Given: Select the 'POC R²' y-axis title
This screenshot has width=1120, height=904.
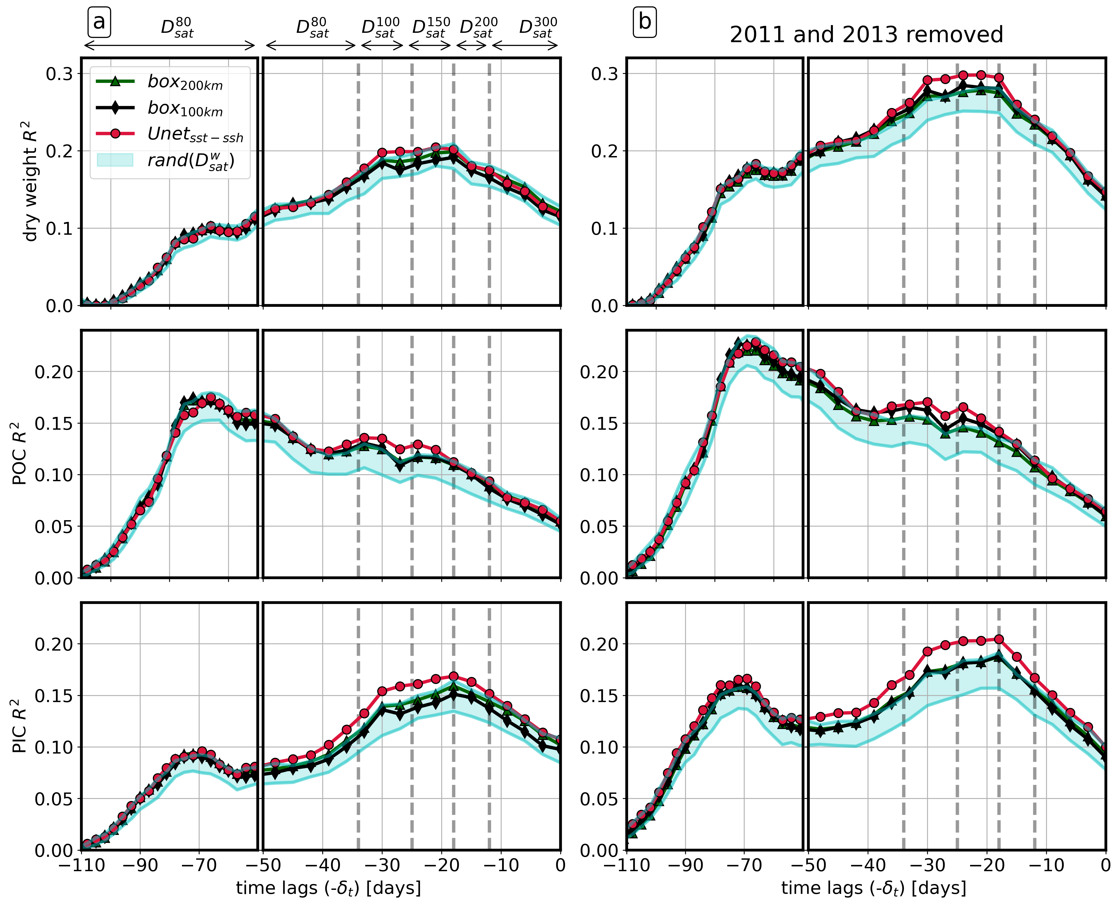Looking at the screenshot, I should (20, 453).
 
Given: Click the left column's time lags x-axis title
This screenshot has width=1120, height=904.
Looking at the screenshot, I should (328, 887).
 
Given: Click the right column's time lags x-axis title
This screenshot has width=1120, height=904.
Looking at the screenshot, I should (873, 887).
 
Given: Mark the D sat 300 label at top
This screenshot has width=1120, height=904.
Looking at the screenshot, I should (538, 27).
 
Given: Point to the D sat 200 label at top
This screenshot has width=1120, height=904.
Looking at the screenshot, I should (478, 27).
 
